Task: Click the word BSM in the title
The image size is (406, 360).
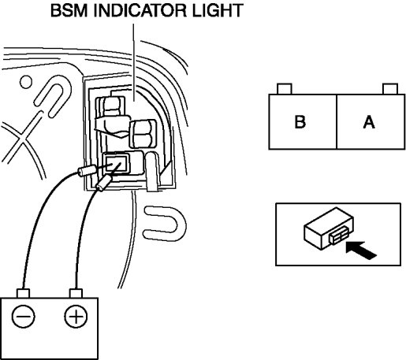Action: click(69, 10)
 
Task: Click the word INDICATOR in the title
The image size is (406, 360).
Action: click(140, 10)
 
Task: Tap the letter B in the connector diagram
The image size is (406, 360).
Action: click(300, 122)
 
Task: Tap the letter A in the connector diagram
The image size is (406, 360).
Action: click(369, 122)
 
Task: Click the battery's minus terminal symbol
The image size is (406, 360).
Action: click(23, 316)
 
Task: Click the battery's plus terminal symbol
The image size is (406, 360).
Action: click(76, 316)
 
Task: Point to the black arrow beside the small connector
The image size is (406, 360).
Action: click(361, 250)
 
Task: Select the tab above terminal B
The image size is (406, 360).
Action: click(285, 89)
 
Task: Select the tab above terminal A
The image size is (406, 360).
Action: click(390, 89)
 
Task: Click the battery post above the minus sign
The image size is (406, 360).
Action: click(23, 293)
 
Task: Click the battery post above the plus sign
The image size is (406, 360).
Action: click(76, 293)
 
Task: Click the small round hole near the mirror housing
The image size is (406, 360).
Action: click(26, 82)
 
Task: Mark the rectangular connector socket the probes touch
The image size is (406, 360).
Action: click(116, 163)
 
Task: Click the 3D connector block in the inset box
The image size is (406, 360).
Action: click(329, 228)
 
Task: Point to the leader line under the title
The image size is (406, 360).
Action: click(133, 62)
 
